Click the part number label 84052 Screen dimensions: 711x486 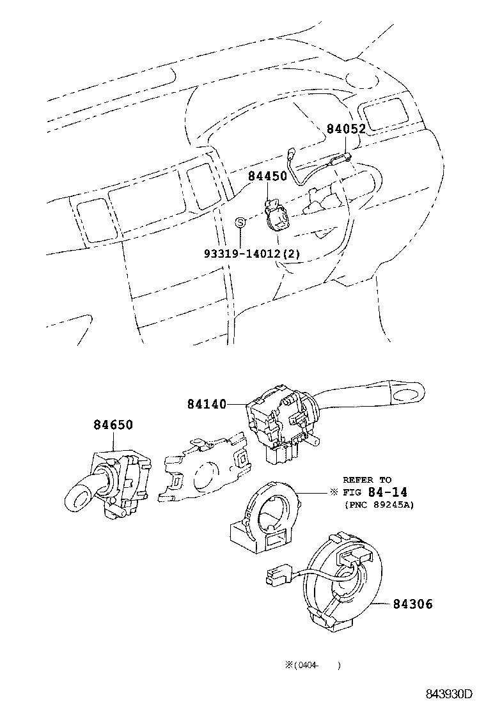click(346, 129)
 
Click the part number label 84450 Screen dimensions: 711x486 click(267, 176)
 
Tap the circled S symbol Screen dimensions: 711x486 click(240, 222)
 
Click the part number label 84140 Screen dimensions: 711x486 click(207, 404)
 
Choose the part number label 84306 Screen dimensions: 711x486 click(412, 604)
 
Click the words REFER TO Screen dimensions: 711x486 click(367, 480)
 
